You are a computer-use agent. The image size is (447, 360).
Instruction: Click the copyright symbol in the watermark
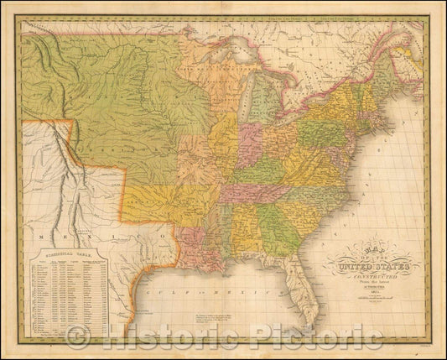tap(77, 337)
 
